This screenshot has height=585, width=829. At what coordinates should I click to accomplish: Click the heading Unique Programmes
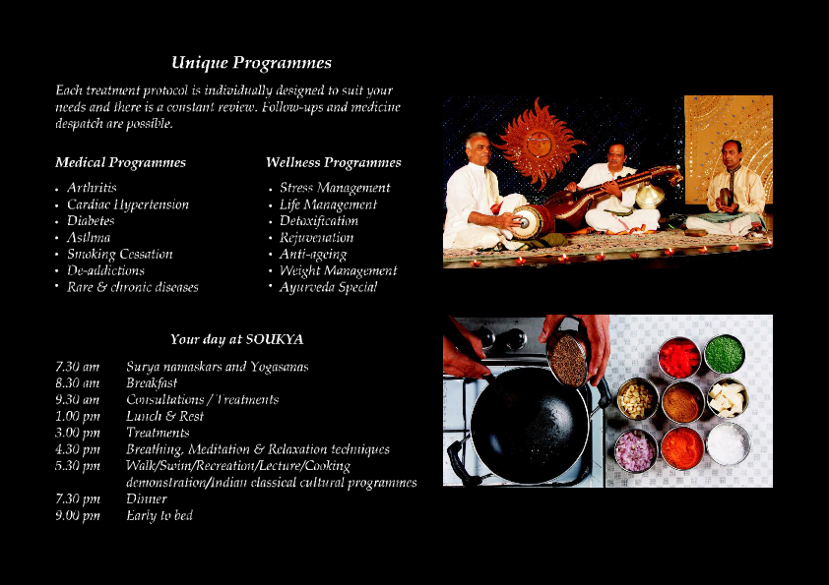coord(252,63)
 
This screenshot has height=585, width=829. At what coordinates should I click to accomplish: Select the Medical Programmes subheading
coord(120,162)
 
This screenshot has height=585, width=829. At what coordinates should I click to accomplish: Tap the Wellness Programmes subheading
coord(334,162)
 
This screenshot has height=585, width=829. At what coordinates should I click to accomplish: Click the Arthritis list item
coord(92,188)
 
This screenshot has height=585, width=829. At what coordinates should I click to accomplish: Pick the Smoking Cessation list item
coord(120,254)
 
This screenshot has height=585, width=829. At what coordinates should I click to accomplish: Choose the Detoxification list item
coord(319,220)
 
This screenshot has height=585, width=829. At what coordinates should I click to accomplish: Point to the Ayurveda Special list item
coord(328,287)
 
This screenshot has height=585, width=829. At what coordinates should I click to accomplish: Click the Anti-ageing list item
coord(313,255)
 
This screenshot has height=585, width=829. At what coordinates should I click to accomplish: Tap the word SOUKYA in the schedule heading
coord(275,339)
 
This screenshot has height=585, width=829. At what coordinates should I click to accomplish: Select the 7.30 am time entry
coord(77,367)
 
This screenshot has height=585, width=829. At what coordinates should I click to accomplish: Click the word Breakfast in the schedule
coord(152,382)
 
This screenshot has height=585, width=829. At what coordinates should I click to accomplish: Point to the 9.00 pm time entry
coord(78,516)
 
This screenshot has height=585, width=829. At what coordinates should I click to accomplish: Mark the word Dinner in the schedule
coord(147,498)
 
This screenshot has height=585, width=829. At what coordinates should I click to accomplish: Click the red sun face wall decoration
coord(539,143)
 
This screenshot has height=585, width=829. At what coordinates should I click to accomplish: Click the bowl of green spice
coord(725,354)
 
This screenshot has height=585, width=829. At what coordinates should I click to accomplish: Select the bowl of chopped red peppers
coord(679,358)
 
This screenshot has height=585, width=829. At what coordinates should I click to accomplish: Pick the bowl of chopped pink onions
coord(635,451)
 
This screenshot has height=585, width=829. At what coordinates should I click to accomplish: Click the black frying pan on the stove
coord(529,425)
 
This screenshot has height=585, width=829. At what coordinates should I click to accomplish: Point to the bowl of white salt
coord(729,443)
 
